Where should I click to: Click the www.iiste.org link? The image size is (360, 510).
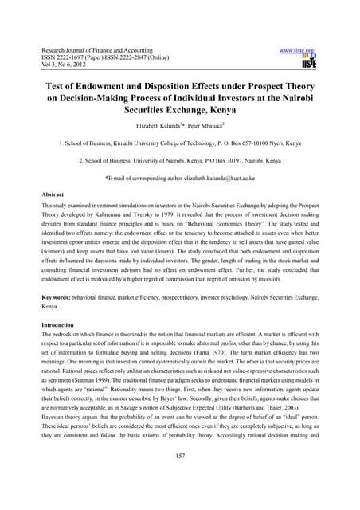coord(310,49)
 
